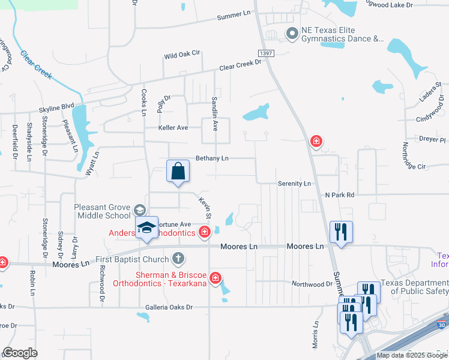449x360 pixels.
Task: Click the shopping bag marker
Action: click(178, 172)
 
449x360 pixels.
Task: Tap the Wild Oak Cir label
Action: click(182, 55)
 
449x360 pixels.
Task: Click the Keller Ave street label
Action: click(173, 128)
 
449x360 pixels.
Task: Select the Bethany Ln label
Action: click(212, 158)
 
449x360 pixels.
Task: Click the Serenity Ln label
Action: click(294, 183)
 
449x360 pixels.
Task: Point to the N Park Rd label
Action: click(340, 195)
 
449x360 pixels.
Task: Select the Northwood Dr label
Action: click(312, 284)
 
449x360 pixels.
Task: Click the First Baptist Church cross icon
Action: click(178, 259)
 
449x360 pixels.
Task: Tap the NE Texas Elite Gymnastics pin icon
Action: click(292, 34)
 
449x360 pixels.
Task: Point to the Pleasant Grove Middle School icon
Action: click(139, 210)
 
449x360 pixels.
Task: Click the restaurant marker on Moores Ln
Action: click(341, 232)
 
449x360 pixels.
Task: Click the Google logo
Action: click(20, 353)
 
